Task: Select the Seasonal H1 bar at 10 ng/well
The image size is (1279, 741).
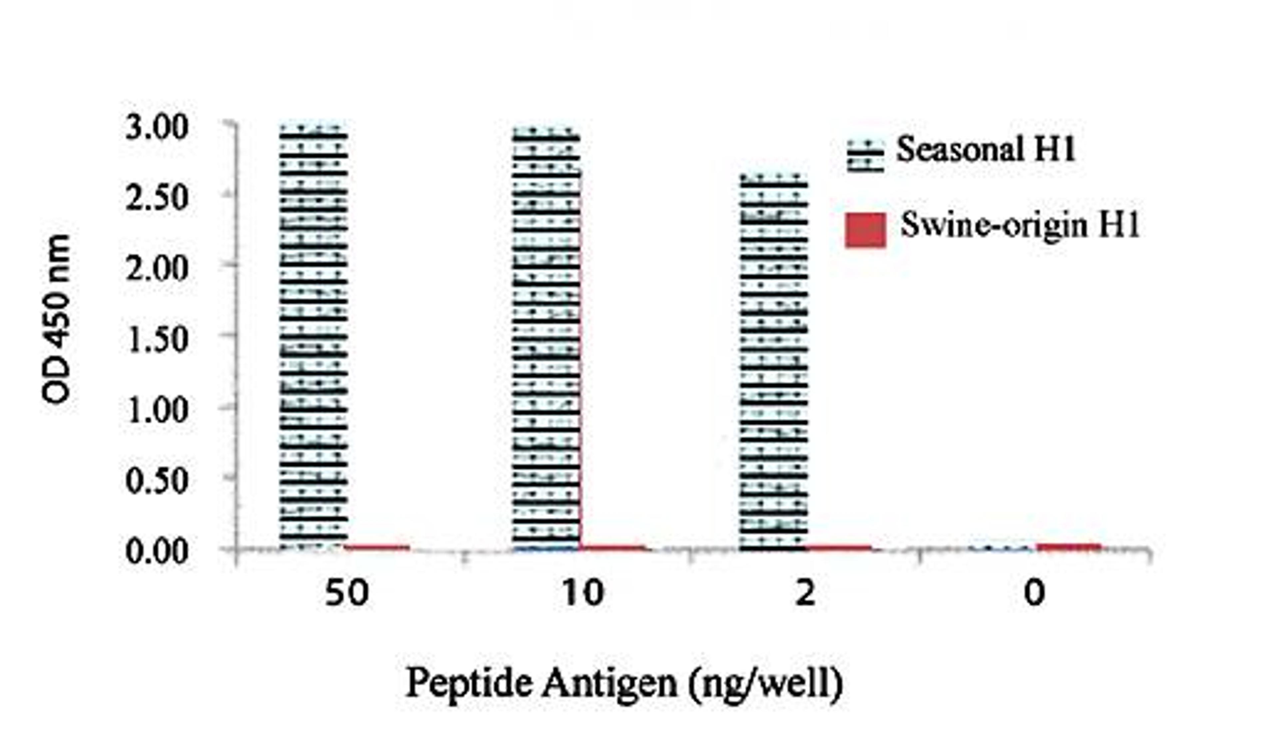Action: click(546, 338)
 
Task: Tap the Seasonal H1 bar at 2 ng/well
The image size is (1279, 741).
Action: click(773, 362)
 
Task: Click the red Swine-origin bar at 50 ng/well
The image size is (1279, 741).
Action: click(377, 547)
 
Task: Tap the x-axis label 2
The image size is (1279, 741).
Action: click(805, 593)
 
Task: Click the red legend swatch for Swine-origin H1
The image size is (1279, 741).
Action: click(865, 230)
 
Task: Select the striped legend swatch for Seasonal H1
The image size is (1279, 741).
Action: click(865, 156)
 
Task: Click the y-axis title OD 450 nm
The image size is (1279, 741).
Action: click(56, 320)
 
